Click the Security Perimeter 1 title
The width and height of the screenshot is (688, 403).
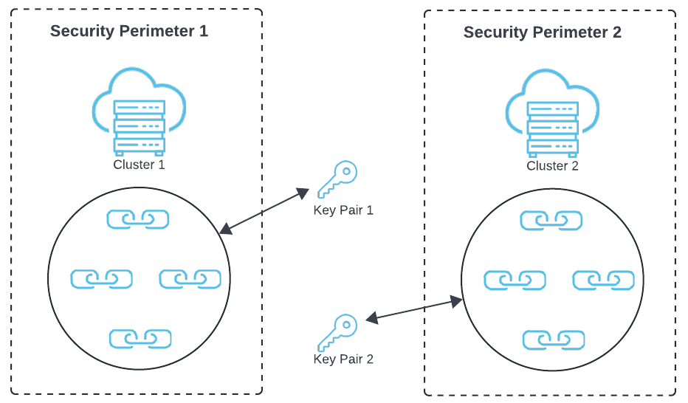[x=129, y=32]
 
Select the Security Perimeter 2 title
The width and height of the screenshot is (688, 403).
[x=543, y=32]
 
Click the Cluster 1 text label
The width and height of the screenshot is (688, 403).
[x=140, y=165]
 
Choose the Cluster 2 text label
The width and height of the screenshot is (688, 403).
[x=552, y=166]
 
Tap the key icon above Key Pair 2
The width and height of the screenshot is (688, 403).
[x=337, y=331]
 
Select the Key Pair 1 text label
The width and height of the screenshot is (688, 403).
[x=343, y=210]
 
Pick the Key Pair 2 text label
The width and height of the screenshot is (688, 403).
[x=343, y=359]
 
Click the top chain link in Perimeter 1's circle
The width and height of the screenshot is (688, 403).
[x=138, y=219]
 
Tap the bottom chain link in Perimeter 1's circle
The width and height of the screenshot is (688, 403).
[x=140, y=339]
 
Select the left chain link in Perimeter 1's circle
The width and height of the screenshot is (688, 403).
[x=102, y=279]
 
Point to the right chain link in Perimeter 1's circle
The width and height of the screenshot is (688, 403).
[x=190, y=279]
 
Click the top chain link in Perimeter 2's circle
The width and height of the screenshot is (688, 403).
[x=551, y=221]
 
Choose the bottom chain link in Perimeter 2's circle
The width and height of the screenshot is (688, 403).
[x=554, y=340]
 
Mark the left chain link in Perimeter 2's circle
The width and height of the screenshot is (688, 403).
[x=515, y=280]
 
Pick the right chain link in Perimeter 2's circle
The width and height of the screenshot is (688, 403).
[x=604, y=280]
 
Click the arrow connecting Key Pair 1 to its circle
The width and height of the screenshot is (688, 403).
[x=264, y=211]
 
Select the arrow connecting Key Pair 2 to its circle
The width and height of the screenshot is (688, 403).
[x=414, y=310]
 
